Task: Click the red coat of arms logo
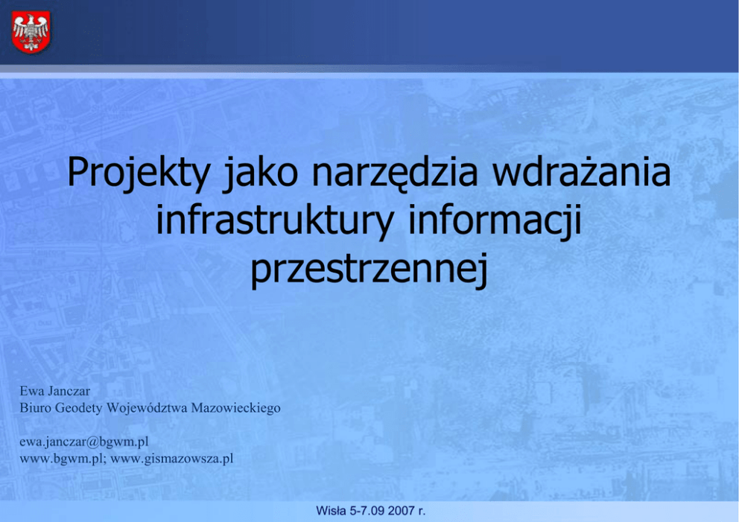pos(31,32)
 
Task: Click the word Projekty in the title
pos(139,173)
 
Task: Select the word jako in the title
pos(260,173)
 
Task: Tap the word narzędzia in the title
pos(395,174)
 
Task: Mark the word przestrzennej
pos(369,270)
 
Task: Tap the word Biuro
pos(35,407)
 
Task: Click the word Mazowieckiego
pos(235,409)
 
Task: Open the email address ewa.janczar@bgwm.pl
pos(84,442)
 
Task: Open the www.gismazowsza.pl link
pos(171,459)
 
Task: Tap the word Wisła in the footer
pos(332,511)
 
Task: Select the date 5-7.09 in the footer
pos(369,511)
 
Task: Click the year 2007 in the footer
pos(402,511)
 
